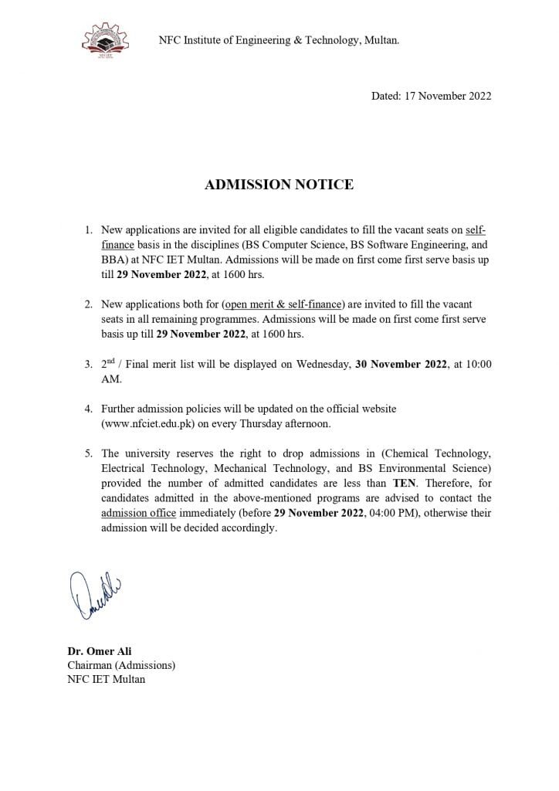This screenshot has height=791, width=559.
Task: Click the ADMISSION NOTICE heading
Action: (279, 185)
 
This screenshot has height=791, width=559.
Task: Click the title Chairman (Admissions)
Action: (121, 665)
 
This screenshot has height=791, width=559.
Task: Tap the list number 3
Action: (88, 365)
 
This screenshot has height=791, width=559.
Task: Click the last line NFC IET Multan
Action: (106, 679)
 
